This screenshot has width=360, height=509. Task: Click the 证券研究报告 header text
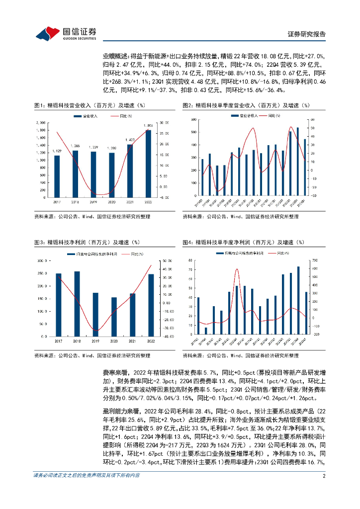tap(307, 34)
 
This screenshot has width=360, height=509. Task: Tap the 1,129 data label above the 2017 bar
tap(57, 151)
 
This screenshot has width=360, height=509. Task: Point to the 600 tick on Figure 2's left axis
tap(192, 120)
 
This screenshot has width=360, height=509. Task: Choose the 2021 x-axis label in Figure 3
tap(132, 340)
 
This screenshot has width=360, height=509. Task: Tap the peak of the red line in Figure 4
tap(237, 269)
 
